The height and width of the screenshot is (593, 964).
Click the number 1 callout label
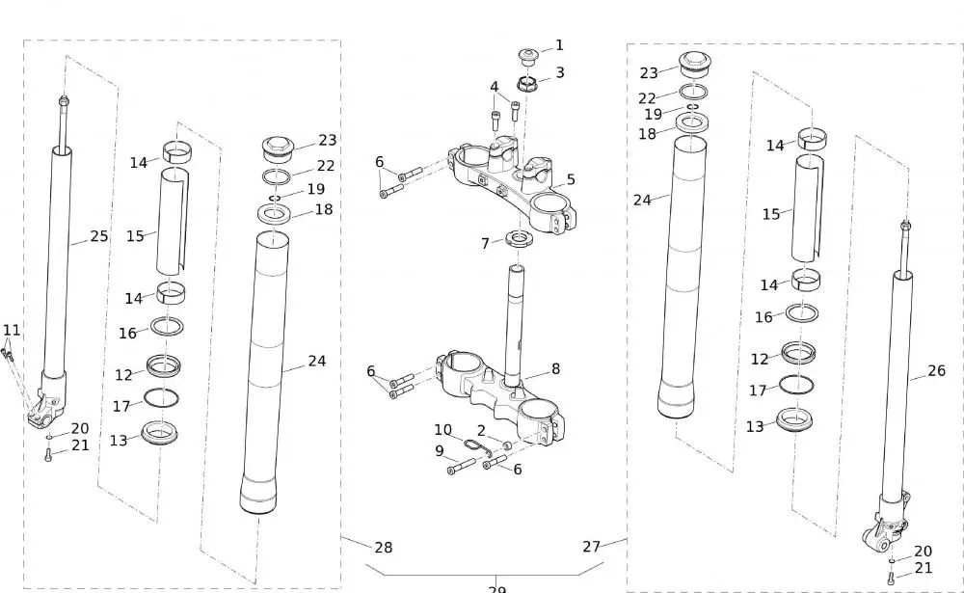559,45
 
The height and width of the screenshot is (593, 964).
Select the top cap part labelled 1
528,53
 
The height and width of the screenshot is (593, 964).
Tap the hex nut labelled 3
528,83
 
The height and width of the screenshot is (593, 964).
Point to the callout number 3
559,72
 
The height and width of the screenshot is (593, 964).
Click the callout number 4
495,87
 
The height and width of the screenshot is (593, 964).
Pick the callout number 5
571,179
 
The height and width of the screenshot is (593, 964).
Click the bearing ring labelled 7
520,236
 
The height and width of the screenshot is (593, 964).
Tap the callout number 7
485,244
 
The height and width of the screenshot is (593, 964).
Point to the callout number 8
555,369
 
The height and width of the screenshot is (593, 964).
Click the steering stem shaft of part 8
519,318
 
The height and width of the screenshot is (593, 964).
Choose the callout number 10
442,430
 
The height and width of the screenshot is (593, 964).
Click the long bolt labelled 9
463,468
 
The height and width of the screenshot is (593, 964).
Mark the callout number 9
439,450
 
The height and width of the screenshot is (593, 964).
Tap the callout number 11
11,330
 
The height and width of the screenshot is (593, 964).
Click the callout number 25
99,236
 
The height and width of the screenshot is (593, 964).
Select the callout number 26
936,370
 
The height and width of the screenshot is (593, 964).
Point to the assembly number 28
383,548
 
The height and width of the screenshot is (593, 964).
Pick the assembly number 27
592,546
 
